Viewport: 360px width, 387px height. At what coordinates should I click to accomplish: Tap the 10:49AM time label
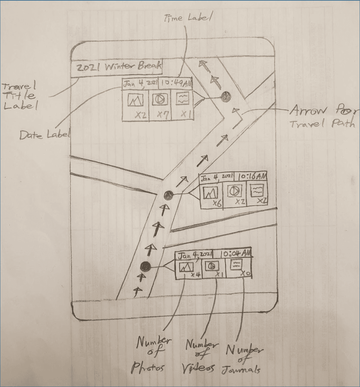click(x=176, y=83)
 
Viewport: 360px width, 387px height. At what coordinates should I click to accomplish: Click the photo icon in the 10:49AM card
click(x=135, y=100)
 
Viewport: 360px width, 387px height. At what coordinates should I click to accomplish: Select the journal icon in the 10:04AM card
click(x=235, y=265)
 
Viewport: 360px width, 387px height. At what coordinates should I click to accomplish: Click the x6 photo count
click(x=217, y=203)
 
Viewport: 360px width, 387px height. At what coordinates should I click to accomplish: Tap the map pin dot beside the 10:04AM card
click(x=145, y=266)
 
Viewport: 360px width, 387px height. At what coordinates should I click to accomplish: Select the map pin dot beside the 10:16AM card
click(x=168, y=194)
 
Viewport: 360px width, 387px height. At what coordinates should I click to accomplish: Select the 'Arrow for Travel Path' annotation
click(x=323, y=117)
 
